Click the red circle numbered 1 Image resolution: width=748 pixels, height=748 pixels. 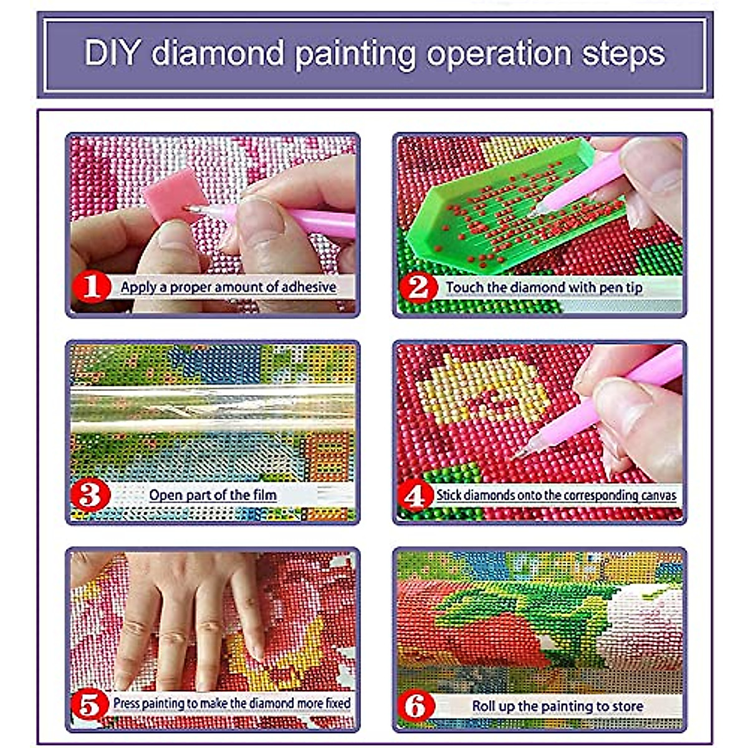[x=92, y=287]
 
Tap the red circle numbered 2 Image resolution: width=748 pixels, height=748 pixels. [x=418, y=287]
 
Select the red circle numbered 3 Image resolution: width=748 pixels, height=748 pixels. [x=90, y=495]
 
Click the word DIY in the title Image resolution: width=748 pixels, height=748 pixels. [x=111, y=53]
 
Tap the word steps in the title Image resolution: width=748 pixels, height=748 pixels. [x=623, y=54]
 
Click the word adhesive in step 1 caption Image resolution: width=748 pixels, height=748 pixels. [x=309, y=287]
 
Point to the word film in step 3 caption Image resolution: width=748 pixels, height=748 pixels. [x=265, y=495]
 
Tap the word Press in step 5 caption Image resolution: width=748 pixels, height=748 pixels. [x=127, y=702]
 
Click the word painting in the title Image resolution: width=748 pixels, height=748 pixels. [x=355, y=55]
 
